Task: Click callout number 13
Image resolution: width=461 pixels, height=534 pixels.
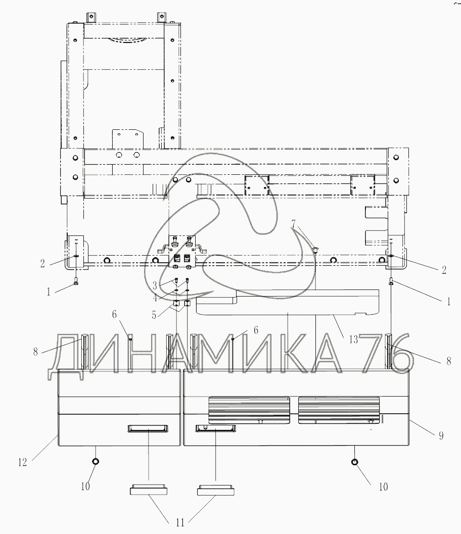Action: tap(353, 339)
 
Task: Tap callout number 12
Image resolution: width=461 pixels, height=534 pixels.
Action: tap(22, 462)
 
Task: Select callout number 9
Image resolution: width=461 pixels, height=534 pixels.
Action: tap(441, 435)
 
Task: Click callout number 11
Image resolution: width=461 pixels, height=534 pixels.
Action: tap(180, 522)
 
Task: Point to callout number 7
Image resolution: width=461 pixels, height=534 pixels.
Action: tap(294, 224)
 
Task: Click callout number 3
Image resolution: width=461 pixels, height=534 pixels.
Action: tap(154, 285)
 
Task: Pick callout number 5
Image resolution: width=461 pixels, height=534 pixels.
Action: tap(154, 315)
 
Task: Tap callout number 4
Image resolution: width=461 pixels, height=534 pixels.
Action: tap(155, 298)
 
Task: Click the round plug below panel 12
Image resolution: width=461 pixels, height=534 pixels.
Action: tap(96, 461)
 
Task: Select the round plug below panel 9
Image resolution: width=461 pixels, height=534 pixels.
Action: tap(355, 462)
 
